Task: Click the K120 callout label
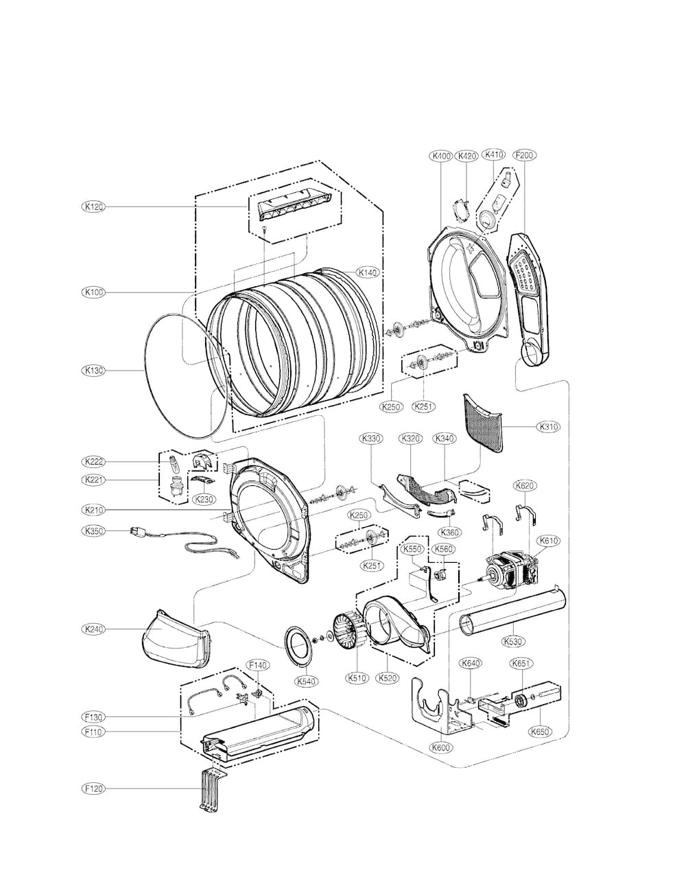point(93,207)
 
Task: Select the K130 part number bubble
point(93,371)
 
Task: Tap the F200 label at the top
point(524,155)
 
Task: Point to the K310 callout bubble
point(548,427)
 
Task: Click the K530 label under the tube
point(513,641)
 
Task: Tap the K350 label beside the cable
point(93,531)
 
